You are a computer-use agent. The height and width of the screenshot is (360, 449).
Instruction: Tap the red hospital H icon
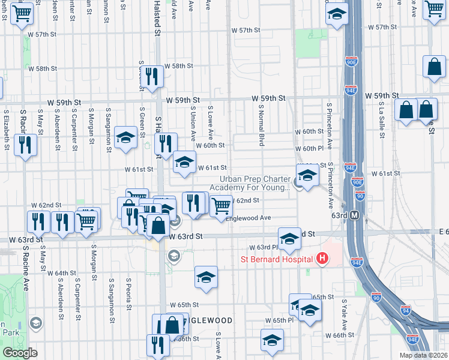click(x=322, y=259)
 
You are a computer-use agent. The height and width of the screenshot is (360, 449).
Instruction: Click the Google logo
click(x=19, y=353)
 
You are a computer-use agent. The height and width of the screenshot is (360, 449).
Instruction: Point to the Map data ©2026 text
click(x=424, y=355)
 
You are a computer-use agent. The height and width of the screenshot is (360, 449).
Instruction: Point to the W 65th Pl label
click(x=280, y=320)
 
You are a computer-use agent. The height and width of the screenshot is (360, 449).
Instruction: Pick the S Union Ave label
click(x=192, y=123)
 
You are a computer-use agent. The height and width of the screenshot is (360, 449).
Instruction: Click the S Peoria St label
click(x=128, y=289)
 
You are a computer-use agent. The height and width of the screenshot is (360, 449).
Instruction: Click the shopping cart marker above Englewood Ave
click(x=221, y=206)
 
